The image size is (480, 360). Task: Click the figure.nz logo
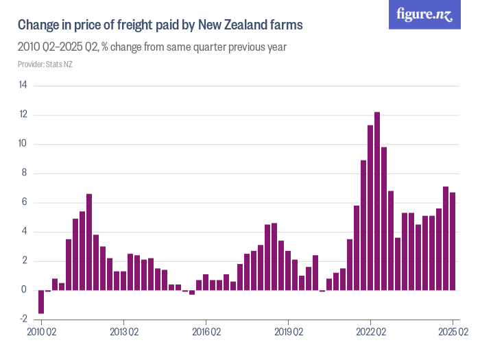point(424,14)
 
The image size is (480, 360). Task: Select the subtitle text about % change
point(152,47)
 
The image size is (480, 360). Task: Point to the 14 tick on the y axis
point(23,86)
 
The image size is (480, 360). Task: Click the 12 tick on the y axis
point(23,115)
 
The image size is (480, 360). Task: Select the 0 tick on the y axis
point(25,290)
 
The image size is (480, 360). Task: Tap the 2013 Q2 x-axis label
point(123,333)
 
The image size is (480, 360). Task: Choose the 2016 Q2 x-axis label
point(206,333)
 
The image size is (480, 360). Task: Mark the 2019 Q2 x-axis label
point(288,333)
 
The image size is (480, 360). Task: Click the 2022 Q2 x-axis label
point(370,333)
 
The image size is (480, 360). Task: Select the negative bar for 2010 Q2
point(41,302)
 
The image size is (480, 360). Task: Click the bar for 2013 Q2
point(123,280)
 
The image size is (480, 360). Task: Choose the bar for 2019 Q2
point(288,270)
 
